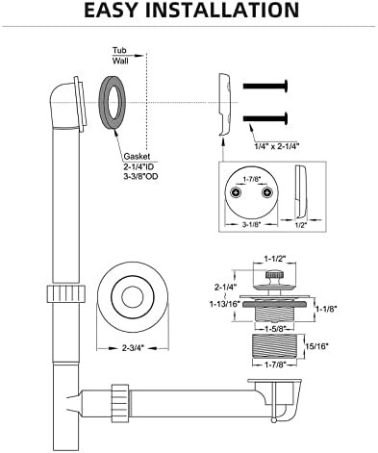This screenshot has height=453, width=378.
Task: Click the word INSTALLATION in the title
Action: [x=222, y=10]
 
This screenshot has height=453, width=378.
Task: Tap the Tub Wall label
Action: [x=120, y=56]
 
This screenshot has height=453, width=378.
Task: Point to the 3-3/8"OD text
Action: [x=140, y=176]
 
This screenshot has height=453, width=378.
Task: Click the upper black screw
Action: [x=265, y=86]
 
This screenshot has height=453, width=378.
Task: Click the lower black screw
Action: [x=265, y=118]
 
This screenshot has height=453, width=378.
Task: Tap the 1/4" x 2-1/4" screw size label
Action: [x=276, y=146]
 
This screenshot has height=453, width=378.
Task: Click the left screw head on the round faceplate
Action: [x=237, y=192]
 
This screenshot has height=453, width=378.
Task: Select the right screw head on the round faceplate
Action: [x=266, y=192]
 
